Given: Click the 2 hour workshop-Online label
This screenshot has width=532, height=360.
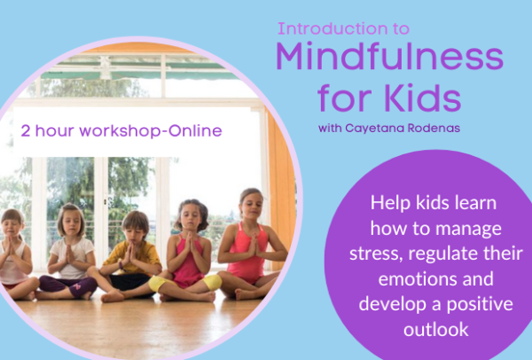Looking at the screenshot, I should [x=121, y=130].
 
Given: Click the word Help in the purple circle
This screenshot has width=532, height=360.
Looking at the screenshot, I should [x=391, y=202].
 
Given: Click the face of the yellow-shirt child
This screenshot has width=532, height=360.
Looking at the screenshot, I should [x=135, y=226].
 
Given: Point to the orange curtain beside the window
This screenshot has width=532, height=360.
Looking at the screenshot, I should [x=281, y=177].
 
